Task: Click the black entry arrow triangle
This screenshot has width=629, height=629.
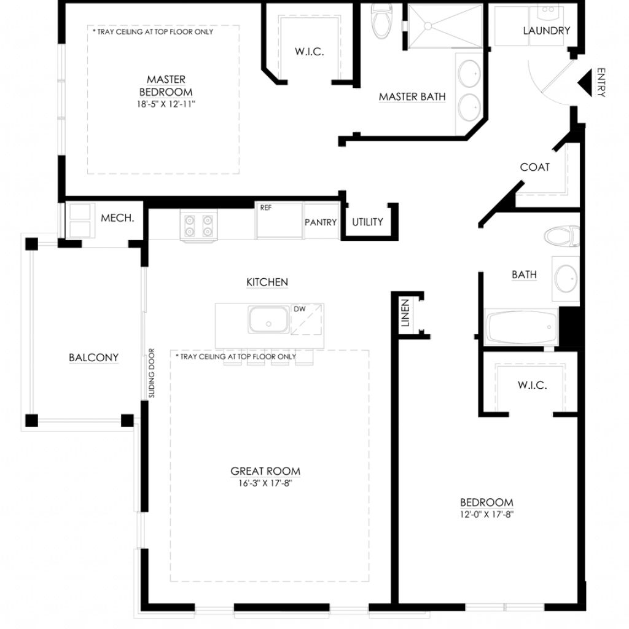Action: (x=586, y=83)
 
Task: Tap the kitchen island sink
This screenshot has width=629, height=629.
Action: (x=268, y=319)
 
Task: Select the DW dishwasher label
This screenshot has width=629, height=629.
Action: (x=300, y=309)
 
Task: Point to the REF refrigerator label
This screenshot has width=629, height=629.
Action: (x=265, y=208)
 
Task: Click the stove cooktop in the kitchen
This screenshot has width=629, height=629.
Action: (x=198, y=226)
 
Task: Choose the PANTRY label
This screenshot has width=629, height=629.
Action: (x=321, y=222)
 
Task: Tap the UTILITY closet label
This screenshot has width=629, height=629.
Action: (x=367, y=222)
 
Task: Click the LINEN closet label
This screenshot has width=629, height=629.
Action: (x=405, y=313)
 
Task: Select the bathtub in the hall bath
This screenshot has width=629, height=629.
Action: (x=522, y=327)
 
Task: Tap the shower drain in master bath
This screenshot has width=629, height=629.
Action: (x=428, y=26)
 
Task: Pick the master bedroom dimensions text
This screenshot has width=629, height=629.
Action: (x=166, y=104)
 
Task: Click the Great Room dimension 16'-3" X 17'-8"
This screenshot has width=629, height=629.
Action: (x=265, y=483)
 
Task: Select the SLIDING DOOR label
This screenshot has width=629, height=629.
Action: (x=151, y=373)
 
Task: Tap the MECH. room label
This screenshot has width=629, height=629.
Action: (x=117, y=218)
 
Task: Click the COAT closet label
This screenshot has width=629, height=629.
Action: (x=535, y=167)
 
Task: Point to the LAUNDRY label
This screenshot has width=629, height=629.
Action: (x=546, y=31)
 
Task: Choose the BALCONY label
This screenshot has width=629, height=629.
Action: (x=93, y=358)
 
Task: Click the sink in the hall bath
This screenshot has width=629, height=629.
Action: (x=566, y=278)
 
